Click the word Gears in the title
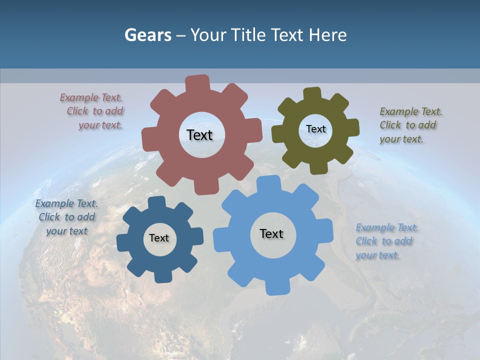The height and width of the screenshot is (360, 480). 147,35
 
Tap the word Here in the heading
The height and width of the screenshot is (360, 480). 327,35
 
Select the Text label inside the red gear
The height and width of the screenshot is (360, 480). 199,135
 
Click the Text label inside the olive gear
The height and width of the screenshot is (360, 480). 315,129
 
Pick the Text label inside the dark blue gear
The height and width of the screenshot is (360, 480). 159,238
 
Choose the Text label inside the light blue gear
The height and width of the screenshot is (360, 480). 271,233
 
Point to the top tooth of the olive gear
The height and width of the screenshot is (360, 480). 312,93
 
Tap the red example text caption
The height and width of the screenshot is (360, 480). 92,111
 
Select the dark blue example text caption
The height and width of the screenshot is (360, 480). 66,217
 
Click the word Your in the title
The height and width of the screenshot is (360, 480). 209,35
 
